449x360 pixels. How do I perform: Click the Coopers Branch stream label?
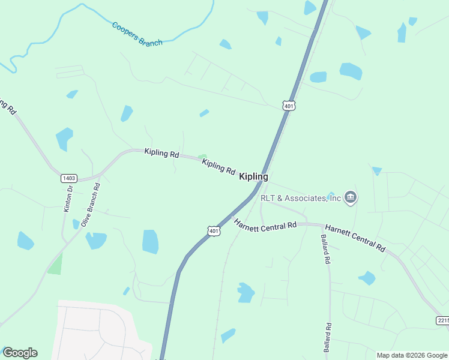(137, 34)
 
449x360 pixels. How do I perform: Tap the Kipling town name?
(253, 176)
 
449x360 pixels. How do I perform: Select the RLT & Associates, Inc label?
(301, 197)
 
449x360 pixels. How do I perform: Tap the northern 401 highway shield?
(289, 106)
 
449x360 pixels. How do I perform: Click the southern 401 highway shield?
(213, 230)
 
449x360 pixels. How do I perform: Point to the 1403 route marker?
(68, 178)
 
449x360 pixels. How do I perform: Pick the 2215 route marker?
(442, 321)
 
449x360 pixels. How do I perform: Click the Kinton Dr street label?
(68, 199)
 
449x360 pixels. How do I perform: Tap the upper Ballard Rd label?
(325, 250)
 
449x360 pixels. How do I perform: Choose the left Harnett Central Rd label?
(265, 224)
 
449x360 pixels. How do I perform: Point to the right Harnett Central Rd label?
(355, 236)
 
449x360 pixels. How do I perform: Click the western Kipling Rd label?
(161, 153)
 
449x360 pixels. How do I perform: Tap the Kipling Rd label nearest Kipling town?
(218, 166)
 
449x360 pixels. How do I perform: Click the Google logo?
(20, 353)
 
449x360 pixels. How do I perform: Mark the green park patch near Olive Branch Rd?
(55, 265)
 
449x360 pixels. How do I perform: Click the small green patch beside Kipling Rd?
(202, 157)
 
